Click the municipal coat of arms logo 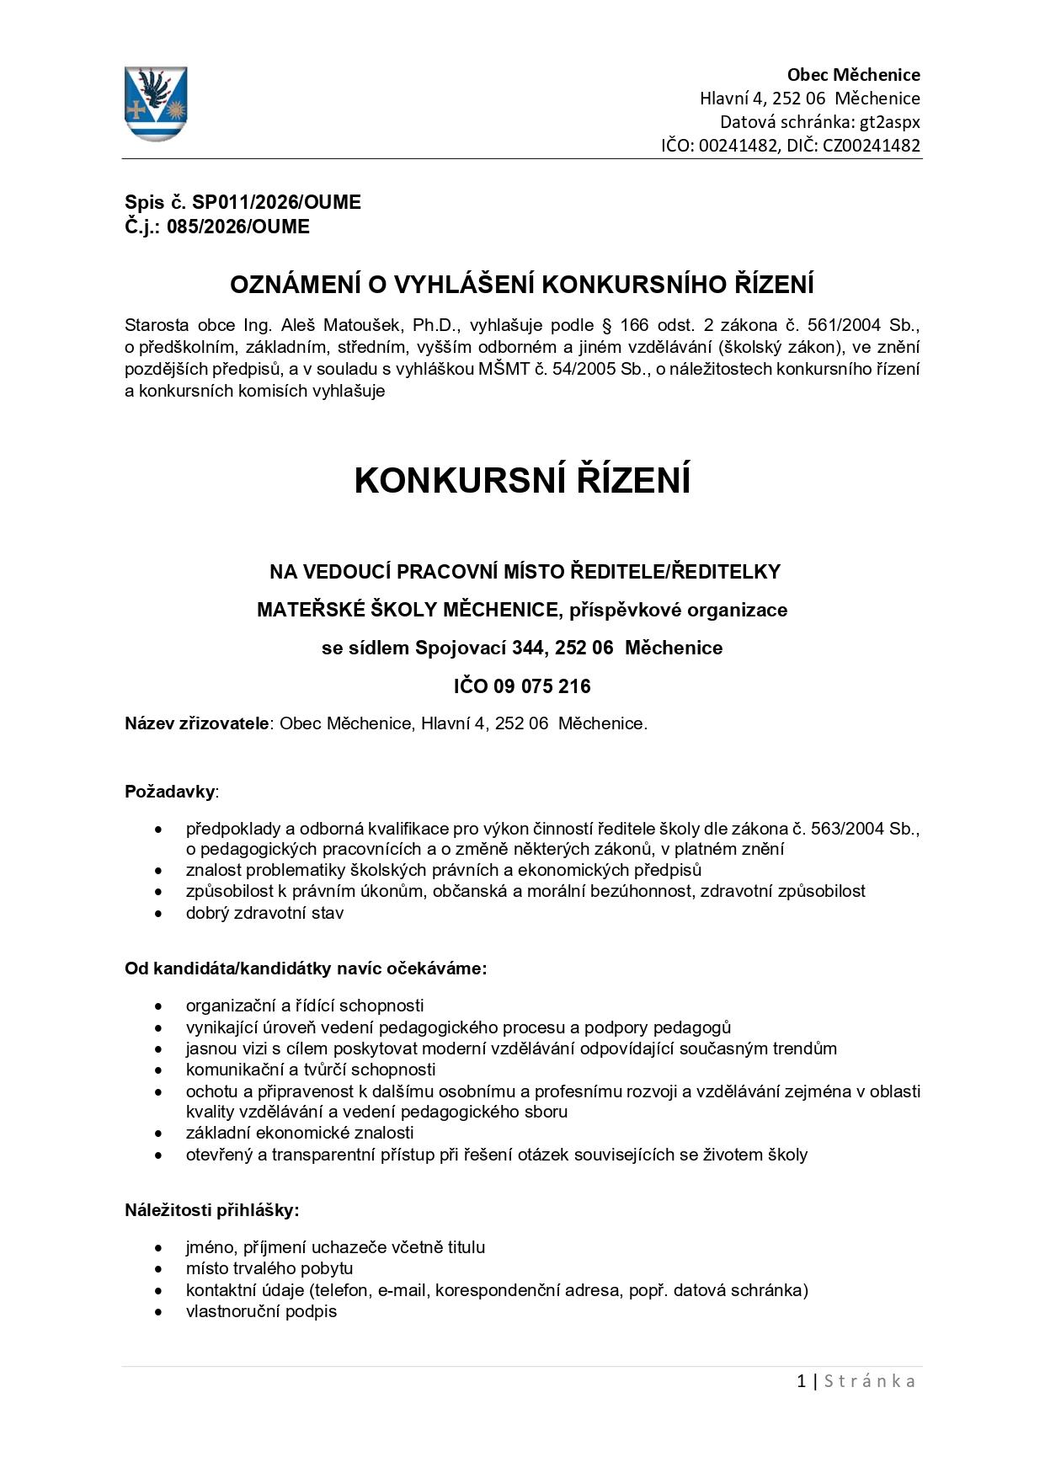coord(157,104)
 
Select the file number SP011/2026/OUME coord(276,203)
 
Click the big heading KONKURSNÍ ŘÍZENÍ coord(522,481)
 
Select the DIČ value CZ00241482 coord(872,146)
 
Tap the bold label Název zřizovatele coord(197,723)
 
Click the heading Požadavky coord(170,792)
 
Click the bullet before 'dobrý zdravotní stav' coord(159,914)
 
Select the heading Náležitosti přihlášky coord(211,1210)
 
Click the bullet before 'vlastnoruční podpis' coord(159,1312)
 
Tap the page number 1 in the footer coord(801,1381)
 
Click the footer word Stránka coord(869,1381)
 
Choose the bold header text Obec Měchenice coord(853,75)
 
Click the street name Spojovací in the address coord(463,648)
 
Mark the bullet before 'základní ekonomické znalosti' coord(159,1134)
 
